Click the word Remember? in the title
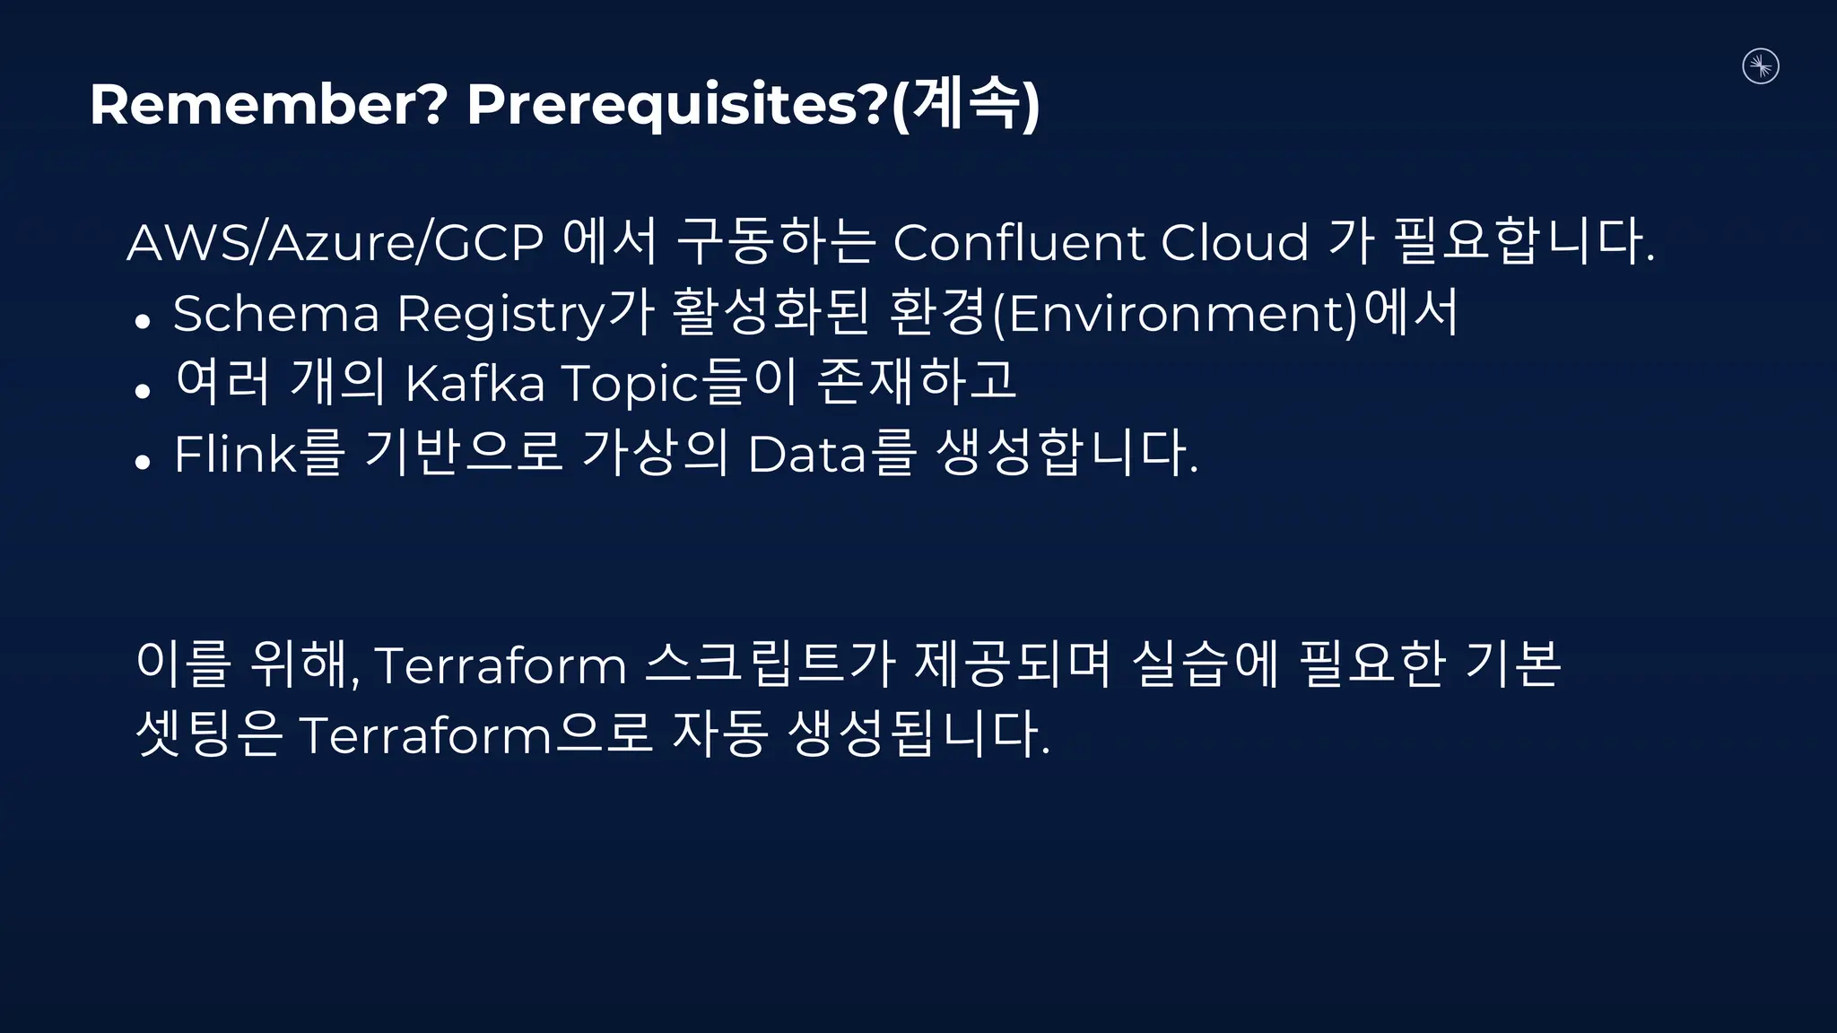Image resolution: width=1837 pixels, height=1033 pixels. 267,105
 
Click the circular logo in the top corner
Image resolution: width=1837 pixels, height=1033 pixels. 1760,66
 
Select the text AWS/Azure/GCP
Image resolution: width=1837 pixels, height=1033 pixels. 335,242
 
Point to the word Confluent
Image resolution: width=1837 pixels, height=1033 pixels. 1018,242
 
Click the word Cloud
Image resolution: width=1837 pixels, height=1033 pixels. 1234,242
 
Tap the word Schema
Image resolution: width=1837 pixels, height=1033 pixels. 276,314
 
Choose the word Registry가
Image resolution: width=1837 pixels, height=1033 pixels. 525,314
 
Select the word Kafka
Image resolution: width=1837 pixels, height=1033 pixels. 475,384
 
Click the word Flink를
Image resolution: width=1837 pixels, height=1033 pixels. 259,453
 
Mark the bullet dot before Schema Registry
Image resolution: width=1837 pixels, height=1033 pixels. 142,321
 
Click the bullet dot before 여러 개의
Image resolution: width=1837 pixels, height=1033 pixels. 142,391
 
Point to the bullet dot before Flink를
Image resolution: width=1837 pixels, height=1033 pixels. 142,461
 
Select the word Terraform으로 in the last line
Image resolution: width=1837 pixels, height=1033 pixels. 475,734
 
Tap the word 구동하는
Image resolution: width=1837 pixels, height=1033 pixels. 775,242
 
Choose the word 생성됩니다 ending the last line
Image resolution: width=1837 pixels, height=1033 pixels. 918,734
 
